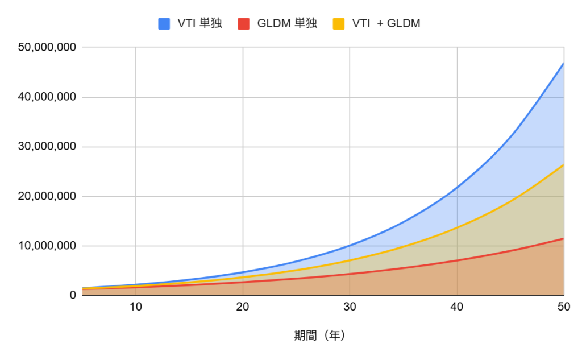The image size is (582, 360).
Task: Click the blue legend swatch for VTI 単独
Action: pyautogui.click(x=164, y=23)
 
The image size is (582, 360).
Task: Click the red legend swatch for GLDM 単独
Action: pyautogui.click(x=240, y=23)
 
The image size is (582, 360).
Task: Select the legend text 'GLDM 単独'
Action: pyautogui.click(x=286, y=23)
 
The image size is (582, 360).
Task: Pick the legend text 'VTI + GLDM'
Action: pyautogui.click(x=386, y=23)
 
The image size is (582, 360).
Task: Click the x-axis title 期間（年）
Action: pyautogui.click(x=319, y=336)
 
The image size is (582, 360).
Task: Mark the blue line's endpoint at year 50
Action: pyautogui.click(x=563, y=63)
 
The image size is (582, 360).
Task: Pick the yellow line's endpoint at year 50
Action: pyautogui.click(x=563, y=164)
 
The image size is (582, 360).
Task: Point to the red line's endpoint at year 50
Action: pyautogui.click(x=563, y=238)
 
